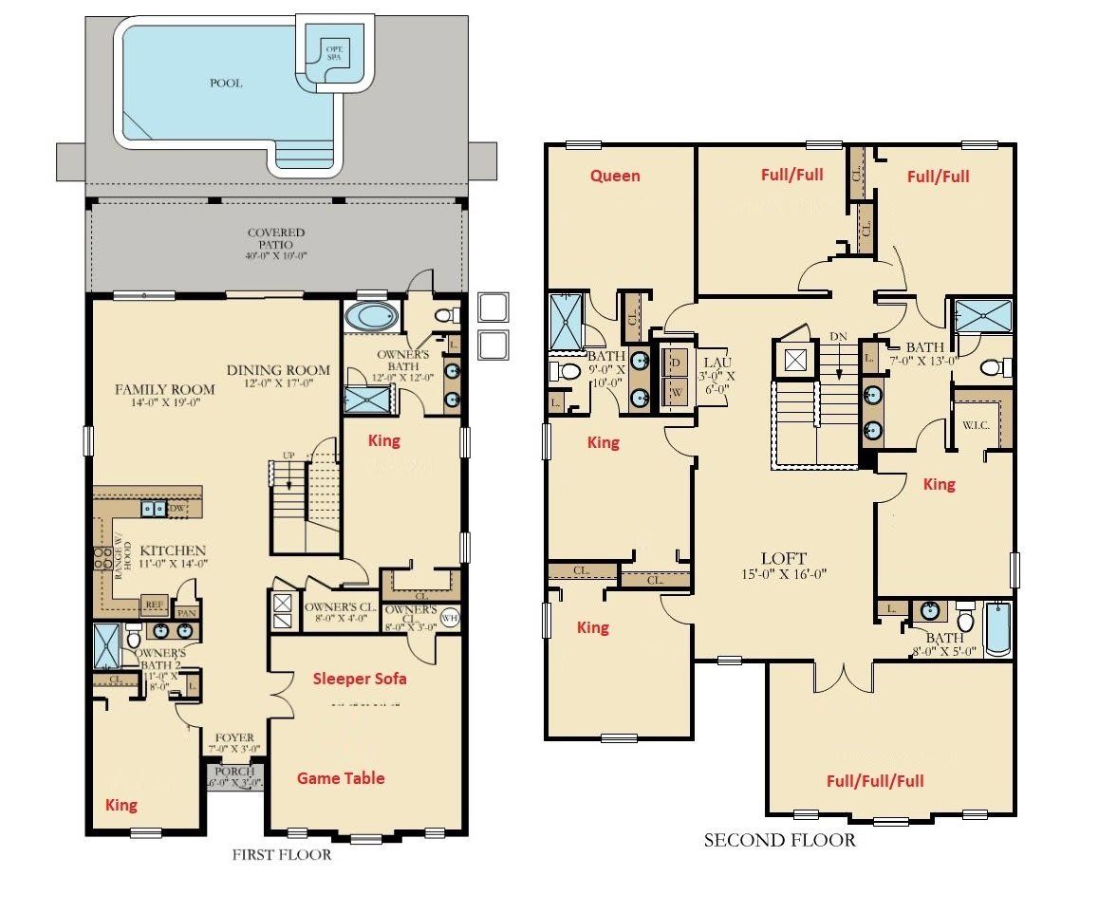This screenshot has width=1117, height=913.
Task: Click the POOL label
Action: click(x=226, y=83)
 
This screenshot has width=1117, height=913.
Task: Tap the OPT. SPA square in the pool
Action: click(x=334, y=51)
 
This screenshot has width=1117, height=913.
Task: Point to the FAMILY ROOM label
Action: click(x=164, y=389)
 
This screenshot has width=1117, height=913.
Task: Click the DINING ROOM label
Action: click(x=278, y=370)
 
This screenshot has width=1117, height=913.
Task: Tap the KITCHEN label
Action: click(x=173, y=550)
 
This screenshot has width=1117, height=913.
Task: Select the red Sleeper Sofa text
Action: click(x=360, y=678)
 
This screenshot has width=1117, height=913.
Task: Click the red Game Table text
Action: click(x=341, y=778)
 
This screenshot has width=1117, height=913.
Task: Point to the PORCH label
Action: click(x=234, y=772)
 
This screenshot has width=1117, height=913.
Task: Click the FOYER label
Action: click(x=234, y=736)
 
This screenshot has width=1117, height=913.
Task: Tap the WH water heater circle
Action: click(x=449, y=619)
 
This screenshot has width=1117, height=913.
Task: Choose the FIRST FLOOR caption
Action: click(x=282, y=855)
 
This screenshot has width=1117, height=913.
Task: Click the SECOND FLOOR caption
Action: click(x=779, y=840)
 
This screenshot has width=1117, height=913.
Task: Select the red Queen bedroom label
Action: click(x=615, y=176)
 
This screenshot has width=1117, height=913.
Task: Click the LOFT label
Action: click(x=783, y=558)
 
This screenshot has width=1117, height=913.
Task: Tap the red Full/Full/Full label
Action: click(x=874, y=781)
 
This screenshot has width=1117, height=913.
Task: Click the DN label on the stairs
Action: click(x=837, y=336)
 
